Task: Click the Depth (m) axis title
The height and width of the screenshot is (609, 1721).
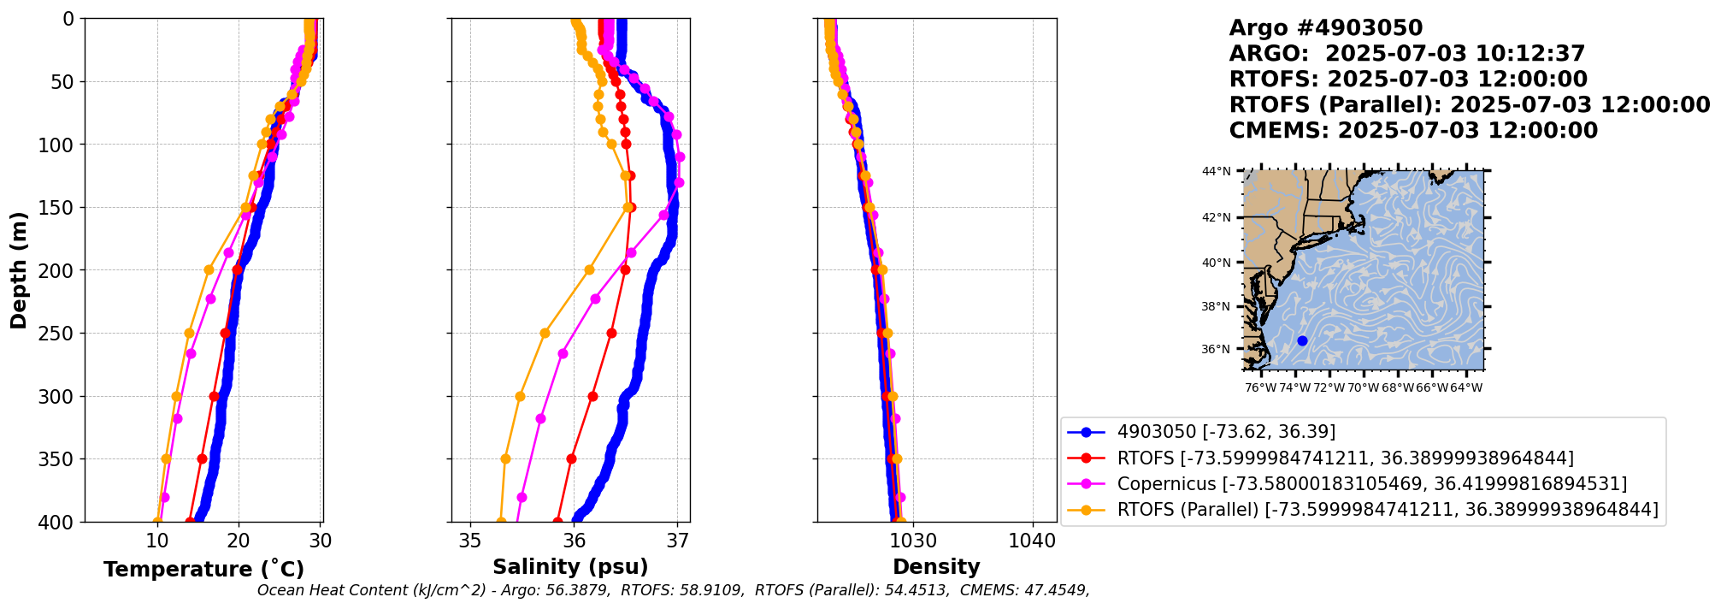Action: tap(19, 270)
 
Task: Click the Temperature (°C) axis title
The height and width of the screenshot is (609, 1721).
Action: tap(203, 570)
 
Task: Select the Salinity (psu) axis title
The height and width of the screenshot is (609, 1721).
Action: tap(570, 567)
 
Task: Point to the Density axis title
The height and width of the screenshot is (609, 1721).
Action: tap(936, 567)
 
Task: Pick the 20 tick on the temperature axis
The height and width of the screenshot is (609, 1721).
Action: tap(239, 541)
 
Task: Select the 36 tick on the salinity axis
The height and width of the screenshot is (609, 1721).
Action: tap(574, 541)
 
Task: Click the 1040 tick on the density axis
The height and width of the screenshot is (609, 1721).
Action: tap(1033, 541)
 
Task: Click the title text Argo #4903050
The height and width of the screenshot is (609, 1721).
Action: tap(1325, 28)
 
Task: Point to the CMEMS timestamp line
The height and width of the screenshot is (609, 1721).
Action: tap(1413, 131)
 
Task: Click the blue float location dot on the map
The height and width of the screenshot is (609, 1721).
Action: tap(1302, 340)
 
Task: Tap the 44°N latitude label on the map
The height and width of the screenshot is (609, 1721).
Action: tap(1216, 171)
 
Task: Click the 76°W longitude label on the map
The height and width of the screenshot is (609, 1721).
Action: tap(1260, 388)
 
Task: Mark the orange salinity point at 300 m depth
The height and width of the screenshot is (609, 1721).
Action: tap(520, 396)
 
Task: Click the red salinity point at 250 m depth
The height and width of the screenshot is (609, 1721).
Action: tap(611, 333)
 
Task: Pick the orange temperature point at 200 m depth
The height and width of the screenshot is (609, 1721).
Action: tap(209, 270)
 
